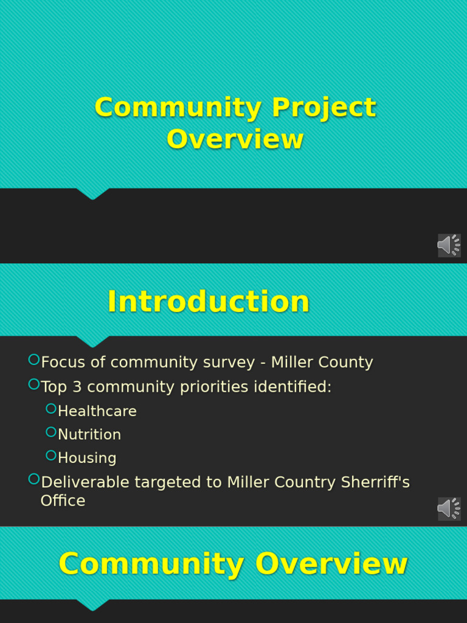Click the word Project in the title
(323, 108)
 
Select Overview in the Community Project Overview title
(235, 139)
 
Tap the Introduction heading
(208, 302)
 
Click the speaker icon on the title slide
(449, 245)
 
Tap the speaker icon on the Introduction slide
(449, 509)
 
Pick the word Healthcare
(97, 411)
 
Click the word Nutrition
(89, 434)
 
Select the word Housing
(87, 458)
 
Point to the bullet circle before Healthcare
(51, 409)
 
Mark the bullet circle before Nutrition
(51, 432)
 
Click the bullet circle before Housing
(51, 456)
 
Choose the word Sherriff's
(375, 482)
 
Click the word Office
(63, 501)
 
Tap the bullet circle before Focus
(34, 360)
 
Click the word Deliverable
(85, 482)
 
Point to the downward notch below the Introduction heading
(93, 342)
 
